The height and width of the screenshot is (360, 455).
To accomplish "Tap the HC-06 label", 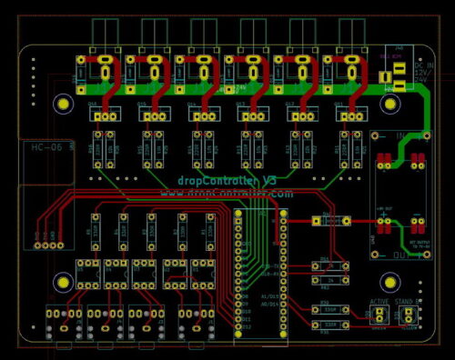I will click(x=46, y=147).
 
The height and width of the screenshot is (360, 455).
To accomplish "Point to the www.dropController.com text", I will click(x=227, y=194).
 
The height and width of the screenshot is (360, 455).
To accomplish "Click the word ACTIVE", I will click(x=379, y=302).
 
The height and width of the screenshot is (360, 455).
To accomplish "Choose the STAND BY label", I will click(x=412, y=302).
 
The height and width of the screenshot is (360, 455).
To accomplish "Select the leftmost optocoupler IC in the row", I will click(x=88, y=271).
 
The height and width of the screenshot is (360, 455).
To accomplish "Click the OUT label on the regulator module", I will click(x=400, y=256).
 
